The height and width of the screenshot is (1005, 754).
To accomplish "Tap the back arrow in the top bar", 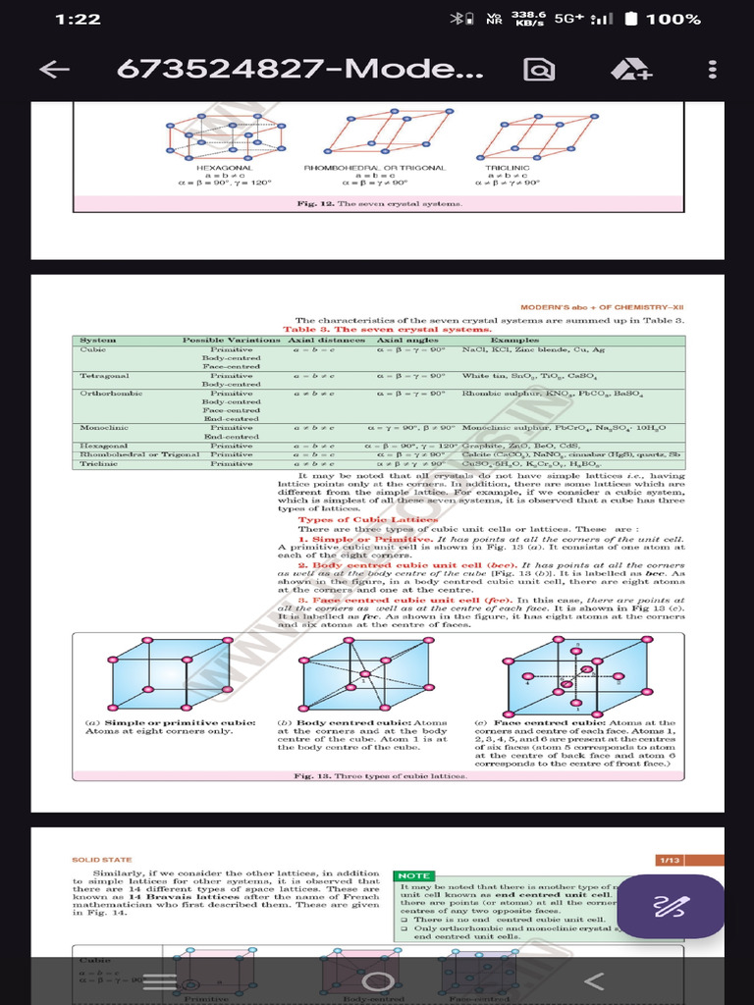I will [x=55, y=70].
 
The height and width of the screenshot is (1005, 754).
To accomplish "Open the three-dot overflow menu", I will [x=712, y=70].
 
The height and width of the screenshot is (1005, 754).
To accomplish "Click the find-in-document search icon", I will [x=538, y=70].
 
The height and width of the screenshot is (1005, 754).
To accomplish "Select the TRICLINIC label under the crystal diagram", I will [x=508, y=168].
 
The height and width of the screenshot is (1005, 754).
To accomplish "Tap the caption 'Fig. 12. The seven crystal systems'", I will [x=379, y=203].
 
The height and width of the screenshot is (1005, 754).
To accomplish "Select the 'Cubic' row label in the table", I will [x=93, y=349].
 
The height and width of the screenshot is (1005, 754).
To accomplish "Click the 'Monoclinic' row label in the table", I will [x=101, y=428].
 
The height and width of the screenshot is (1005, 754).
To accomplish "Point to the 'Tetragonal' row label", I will [x=104, y=376].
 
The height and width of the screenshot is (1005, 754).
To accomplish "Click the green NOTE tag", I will [x=413, y=875].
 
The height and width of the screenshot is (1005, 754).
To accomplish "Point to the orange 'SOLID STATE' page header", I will [x=102, y=860].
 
